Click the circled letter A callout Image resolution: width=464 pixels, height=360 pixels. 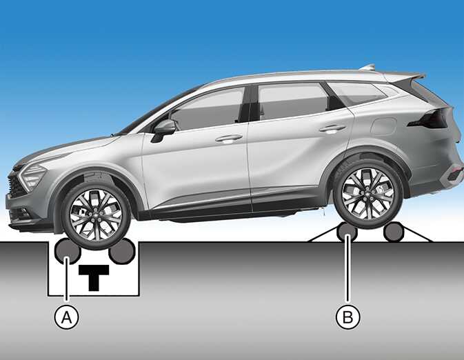[x=67, y=318]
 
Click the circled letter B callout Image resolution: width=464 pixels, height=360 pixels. [x=348, y=317]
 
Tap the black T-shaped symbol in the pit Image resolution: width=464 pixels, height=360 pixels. [x=94, y=277]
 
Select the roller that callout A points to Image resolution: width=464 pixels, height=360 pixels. [x=68, y=251]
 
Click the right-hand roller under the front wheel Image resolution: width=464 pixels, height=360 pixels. [x=122, y=251]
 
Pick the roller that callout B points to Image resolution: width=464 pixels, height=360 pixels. [x=347, y=232]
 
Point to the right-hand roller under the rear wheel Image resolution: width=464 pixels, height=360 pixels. [x=394, y=232]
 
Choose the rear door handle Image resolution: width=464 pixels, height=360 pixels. [x=332, y=129]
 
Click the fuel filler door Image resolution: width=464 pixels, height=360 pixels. [x=384, y=126]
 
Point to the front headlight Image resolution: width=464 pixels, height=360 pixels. [x=32, y=176]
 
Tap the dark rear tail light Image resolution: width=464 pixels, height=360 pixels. [x=430, y=119]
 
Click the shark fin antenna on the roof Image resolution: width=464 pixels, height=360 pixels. [x=367, y=67]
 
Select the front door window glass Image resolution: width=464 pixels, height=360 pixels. [x=208, y=110]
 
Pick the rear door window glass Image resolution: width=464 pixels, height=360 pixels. [x=292, y=101]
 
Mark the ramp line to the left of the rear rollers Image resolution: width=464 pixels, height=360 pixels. [x=323, y=234]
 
